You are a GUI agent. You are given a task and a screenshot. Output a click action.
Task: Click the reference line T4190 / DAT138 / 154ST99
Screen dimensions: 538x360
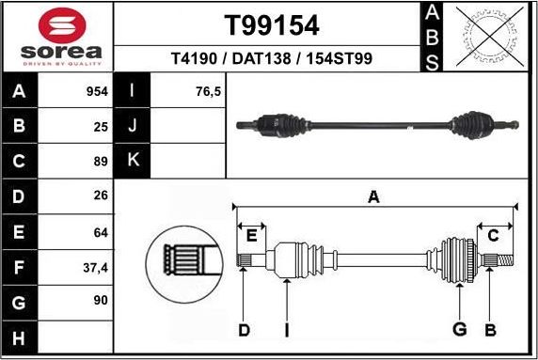(x=271, y=58)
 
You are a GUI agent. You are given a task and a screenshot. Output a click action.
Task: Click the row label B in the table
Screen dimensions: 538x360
(x=21, y=125)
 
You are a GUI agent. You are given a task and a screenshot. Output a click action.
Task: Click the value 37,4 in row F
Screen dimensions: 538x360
(x=96, y=267)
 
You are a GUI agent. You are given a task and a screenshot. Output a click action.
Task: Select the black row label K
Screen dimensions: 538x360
(x=133, y=160)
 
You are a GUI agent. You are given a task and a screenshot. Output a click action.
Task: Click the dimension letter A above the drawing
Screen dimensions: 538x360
(x=373, y=196)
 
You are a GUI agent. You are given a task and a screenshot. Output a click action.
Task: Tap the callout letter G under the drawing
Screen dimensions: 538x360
(x=460, y=330)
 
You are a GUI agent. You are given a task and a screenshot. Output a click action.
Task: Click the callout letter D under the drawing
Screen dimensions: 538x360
(x=244, y=330)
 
